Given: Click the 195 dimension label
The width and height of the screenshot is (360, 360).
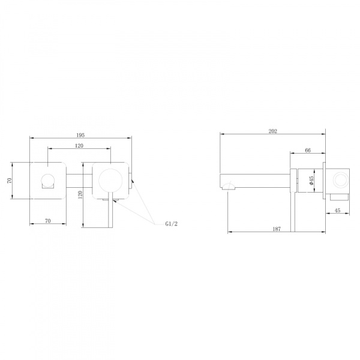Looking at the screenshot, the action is (80, 135).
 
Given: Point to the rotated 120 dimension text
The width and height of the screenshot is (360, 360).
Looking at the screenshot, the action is (80, 194).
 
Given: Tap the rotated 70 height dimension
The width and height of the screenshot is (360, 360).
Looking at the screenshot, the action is (9, 181).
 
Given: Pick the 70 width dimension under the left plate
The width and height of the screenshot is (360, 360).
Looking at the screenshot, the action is (47, 221).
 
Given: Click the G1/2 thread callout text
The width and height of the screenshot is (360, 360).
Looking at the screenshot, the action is (171, 224).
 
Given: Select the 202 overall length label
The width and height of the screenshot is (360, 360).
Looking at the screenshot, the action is (273, 131).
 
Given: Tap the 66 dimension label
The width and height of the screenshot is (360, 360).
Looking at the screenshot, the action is (308, 150).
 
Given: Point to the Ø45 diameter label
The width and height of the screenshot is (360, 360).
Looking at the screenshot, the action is (311, 181).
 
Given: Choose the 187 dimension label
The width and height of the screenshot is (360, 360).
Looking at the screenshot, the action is (277, 229).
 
